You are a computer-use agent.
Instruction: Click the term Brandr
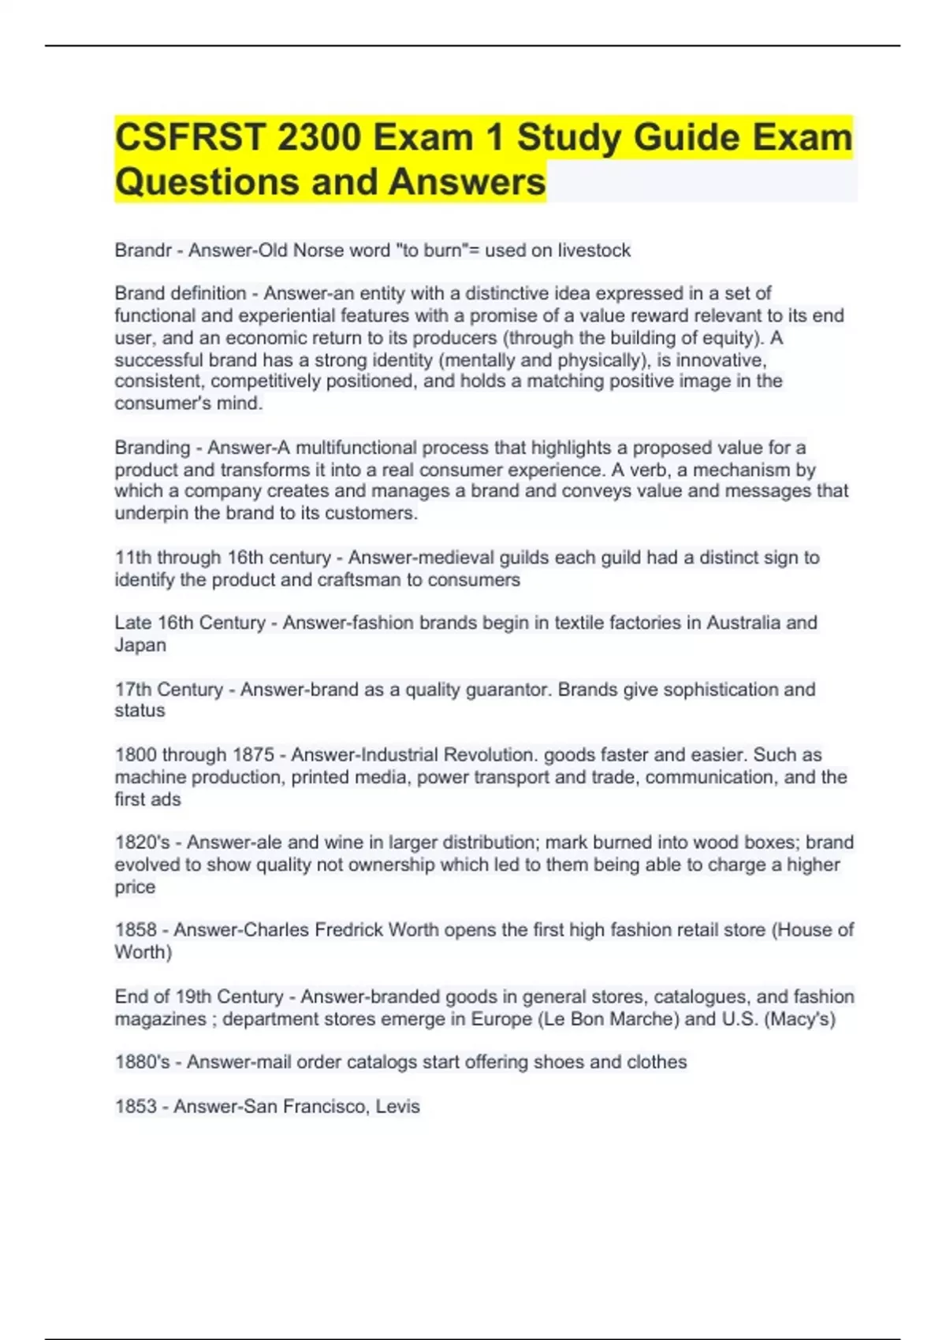point(143,251)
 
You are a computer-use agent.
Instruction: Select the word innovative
point(721,360)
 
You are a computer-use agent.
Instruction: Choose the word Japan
point(140,645)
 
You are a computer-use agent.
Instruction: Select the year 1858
point(136,930)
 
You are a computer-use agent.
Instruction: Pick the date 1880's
point(142,1063)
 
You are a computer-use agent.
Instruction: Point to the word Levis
point(397,1107)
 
